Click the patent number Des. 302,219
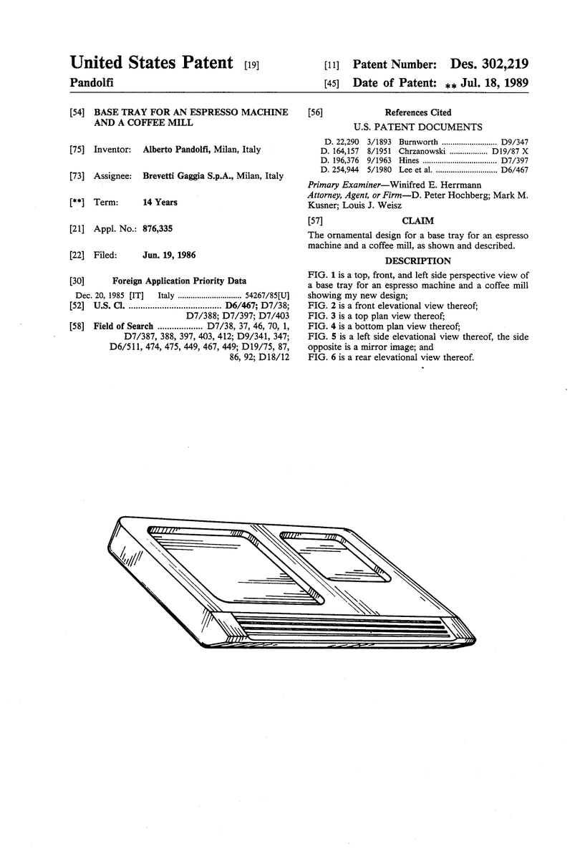(x=489, y=64)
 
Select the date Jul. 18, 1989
(x=495, y=83)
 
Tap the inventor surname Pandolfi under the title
(x=92, y=82)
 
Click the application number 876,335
(x=158, y=228)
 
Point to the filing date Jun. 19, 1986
(x=169, y=255)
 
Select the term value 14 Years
(x=160, y=202)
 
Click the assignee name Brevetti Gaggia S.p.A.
(x=187, y=175)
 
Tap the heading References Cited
(x=418, y=112)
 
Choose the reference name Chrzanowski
(x=422, y=152)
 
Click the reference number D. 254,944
(x=340, y=170)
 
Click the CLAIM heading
(x=417, y=221)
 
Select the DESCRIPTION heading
(x=417, y=261)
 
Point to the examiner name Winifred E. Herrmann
(x=435, y=185)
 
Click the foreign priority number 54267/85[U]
(x=267, y=296)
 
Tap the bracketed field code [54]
(x=77, y=112)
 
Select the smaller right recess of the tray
(x=335, y=556)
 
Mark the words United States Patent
(x=152, y=62)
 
